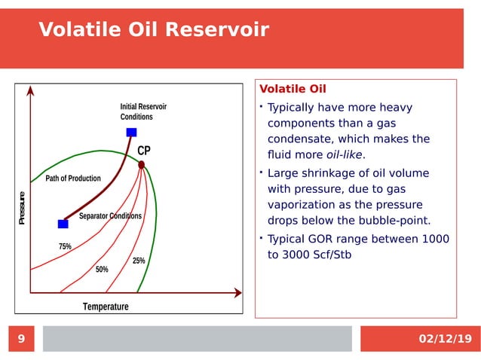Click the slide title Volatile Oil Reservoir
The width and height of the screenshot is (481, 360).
(x=153, y=29)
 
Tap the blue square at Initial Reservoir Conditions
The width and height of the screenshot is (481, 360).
(x=131, y=133)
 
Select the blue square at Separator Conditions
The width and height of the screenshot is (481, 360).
(x=63, y=224)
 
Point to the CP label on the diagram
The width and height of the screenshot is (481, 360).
(x=144, y=151)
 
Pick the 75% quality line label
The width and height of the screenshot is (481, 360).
(x=65, y=247)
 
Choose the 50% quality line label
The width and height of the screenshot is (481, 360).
(x=102, y=270)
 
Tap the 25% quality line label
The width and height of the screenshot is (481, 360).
(x=139, y=261)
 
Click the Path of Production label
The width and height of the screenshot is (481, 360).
(x=73, y=178)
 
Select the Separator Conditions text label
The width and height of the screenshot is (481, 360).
(x=110, y=216)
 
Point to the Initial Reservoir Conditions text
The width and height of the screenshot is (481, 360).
(x=143, y=112)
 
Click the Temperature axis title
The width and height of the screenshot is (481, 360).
(x=106, y=307)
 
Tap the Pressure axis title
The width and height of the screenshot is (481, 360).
(x=23, y=209)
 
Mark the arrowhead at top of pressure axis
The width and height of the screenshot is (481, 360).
(x=30, y=90)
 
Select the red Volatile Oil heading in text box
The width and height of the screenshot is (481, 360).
(x=293, y=89)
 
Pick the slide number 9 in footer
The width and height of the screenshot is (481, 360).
(x=21, y=339)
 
